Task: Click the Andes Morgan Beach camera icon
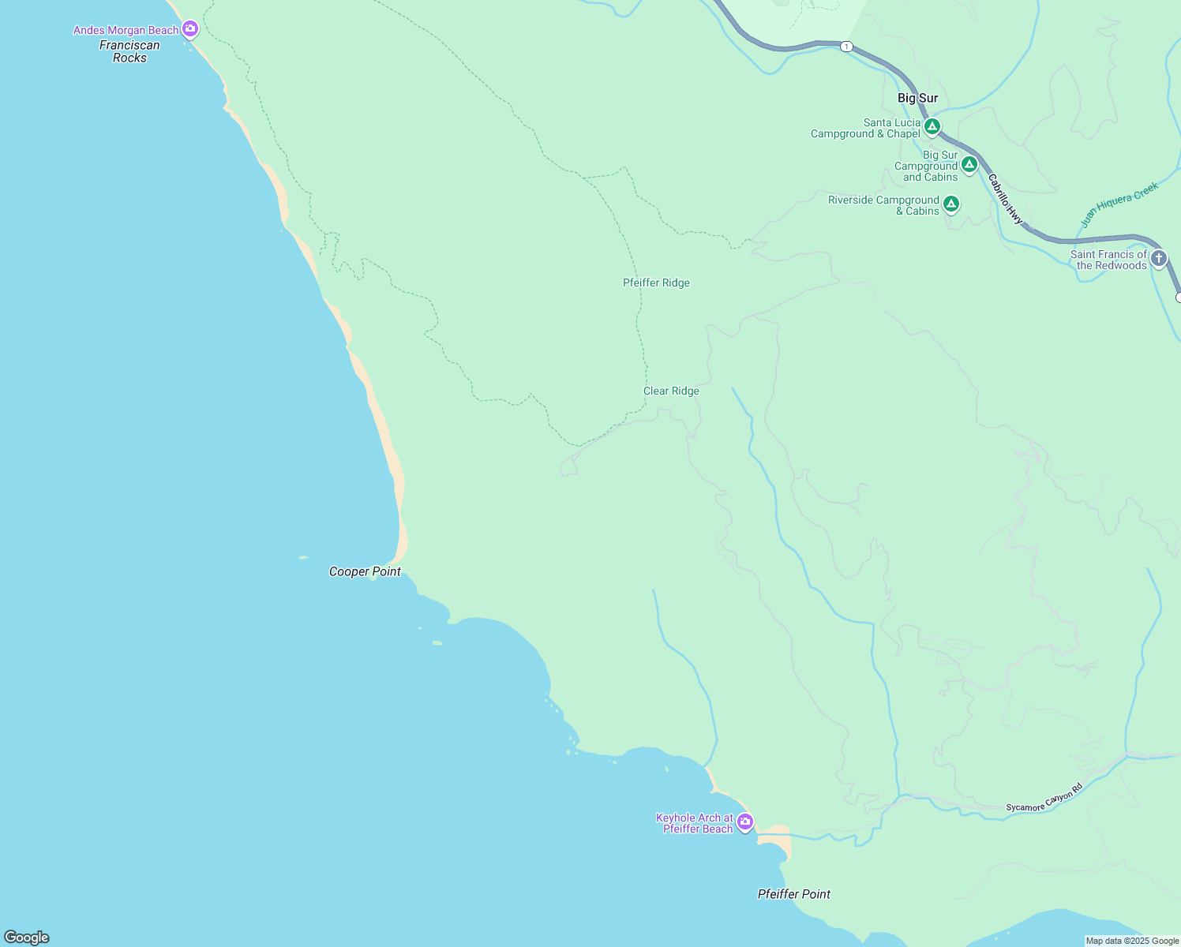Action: (x=189, y=29)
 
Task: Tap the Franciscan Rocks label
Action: (x=129, y=51)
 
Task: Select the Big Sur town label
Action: (x=917, y=98)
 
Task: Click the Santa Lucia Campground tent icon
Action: (x=932, y=126)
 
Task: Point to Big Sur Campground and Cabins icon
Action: (x=969, y=164)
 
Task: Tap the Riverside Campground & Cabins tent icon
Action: (x=951, y=204)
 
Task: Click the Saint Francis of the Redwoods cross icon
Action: (x=1158, y=258)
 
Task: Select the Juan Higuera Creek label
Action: (x=1119, y=204)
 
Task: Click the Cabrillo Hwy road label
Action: (x=1005, y=200)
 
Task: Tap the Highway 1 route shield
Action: (x=846, y=47)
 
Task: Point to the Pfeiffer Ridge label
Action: (x=656, y=283)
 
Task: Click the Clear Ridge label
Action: (x=671, y=391)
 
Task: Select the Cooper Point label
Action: (x=365, y=571)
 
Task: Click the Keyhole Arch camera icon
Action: (x=744, y=822)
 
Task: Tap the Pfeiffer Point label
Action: (x=793, y=894)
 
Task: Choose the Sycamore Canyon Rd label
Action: (x=1044, y=798)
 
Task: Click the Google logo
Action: (x=27, y=937)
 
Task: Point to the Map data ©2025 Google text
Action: (x=1132, y=941)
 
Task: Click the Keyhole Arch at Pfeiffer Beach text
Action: (x=695, y=823)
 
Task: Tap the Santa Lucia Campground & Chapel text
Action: (x=865, y=128)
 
